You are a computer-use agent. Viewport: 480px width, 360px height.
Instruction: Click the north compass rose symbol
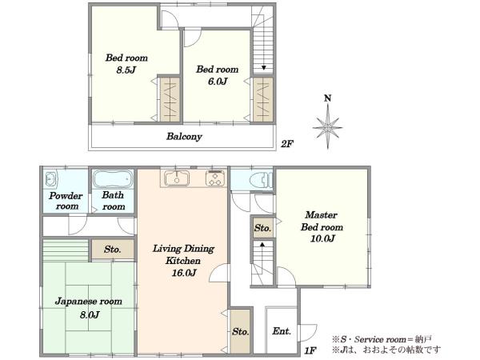(328, 126)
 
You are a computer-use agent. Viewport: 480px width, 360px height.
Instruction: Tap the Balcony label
(184, 137)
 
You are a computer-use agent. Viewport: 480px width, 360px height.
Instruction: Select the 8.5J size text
(126, 70)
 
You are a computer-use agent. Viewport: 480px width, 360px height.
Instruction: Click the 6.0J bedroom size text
(218, 82)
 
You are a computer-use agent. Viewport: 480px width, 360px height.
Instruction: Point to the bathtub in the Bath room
(113, 179)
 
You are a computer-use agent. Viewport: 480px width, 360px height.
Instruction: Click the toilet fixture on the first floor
(261, 180)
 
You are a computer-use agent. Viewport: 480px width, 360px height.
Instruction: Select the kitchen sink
(177, 178)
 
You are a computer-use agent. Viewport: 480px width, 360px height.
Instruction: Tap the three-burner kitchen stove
(215, 178)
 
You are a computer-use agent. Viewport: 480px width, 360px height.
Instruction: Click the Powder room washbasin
(50, 179)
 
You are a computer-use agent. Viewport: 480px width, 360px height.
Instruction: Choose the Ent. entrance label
(282, 331)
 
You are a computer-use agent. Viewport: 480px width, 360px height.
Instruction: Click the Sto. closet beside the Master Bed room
(262, 228)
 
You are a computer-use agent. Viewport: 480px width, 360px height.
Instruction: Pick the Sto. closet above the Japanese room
(113, 250)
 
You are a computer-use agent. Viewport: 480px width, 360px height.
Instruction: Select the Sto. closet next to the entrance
(241, 331)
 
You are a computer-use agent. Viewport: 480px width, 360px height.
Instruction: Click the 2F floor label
(287, 144)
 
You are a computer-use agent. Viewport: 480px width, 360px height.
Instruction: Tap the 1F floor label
(310, 350)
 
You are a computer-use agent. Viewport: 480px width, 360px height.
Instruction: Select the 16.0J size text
(183, 273)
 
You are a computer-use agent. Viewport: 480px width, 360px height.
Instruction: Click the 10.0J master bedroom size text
(322, 238)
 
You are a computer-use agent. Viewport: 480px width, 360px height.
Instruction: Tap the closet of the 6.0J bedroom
(263, 99)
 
